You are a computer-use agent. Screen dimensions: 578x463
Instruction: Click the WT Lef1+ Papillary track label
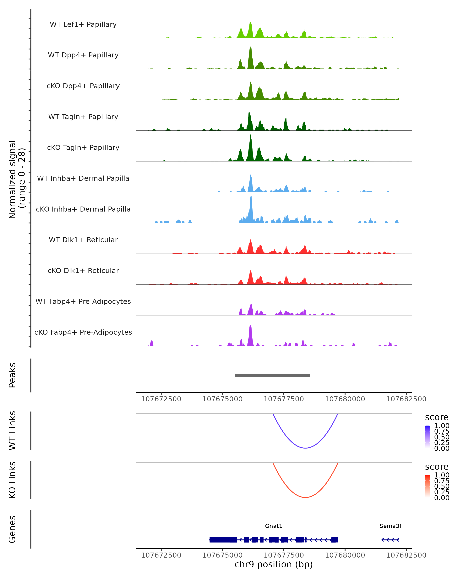(83, 24)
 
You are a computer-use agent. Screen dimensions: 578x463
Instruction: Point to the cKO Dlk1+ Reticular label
(83, 271)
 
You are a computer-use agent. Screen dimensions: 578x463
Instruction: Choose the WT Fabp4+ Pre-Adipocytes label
(83, 301)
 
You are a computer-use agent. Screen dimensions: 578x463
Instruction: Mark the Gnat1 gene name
(274, 526)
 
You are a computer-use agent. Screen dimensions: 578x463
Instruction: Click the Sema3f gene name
(390, 526)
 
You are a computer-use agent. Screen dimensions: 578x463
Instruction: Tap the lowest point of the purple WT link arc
(305, 448)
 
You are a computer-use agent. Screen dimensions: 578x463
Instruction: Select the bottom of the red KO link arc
(305, 497)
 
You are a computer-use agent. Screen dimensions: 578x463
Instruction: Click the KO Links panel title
(12, 480)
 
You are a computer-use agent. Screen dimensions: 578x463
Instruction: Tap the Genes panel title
(12, 529)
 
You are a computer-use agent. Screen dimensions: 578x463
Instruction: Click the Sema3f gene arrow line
(390, 540)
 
